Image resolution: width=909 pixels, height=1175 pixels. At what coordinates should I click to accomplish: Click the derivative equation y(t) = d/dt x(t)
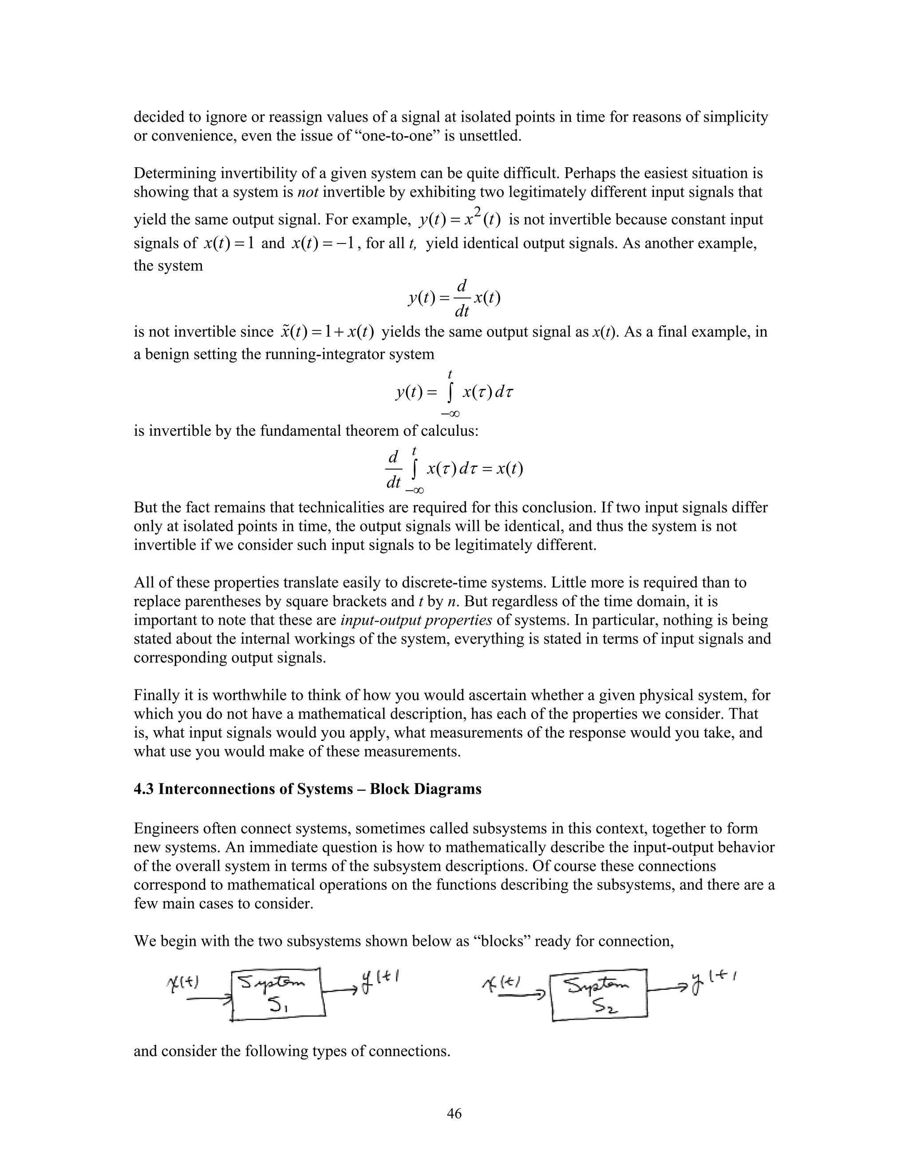[454, 298]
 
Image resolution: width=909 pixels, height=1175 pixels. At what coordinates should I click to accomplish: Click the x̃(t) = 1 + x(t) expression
[327, 332]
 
